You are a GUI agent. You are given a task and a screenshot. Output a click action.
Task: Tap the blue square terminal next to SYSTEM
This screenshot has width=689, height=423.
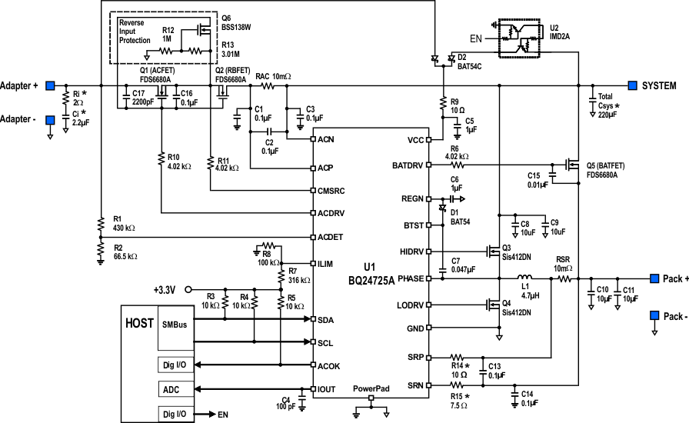(633, 85)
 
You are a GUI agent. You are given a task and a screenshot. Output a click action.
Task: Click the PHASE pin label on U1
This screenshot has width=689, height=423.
(408, 279)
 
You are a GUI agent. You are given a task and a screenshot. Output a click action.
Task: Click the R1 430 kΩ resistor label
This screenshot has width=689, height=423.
(123, 224)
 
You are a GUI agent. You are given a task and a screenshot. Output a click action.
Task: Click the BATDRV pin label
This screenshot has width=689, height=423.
(409, 165)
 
